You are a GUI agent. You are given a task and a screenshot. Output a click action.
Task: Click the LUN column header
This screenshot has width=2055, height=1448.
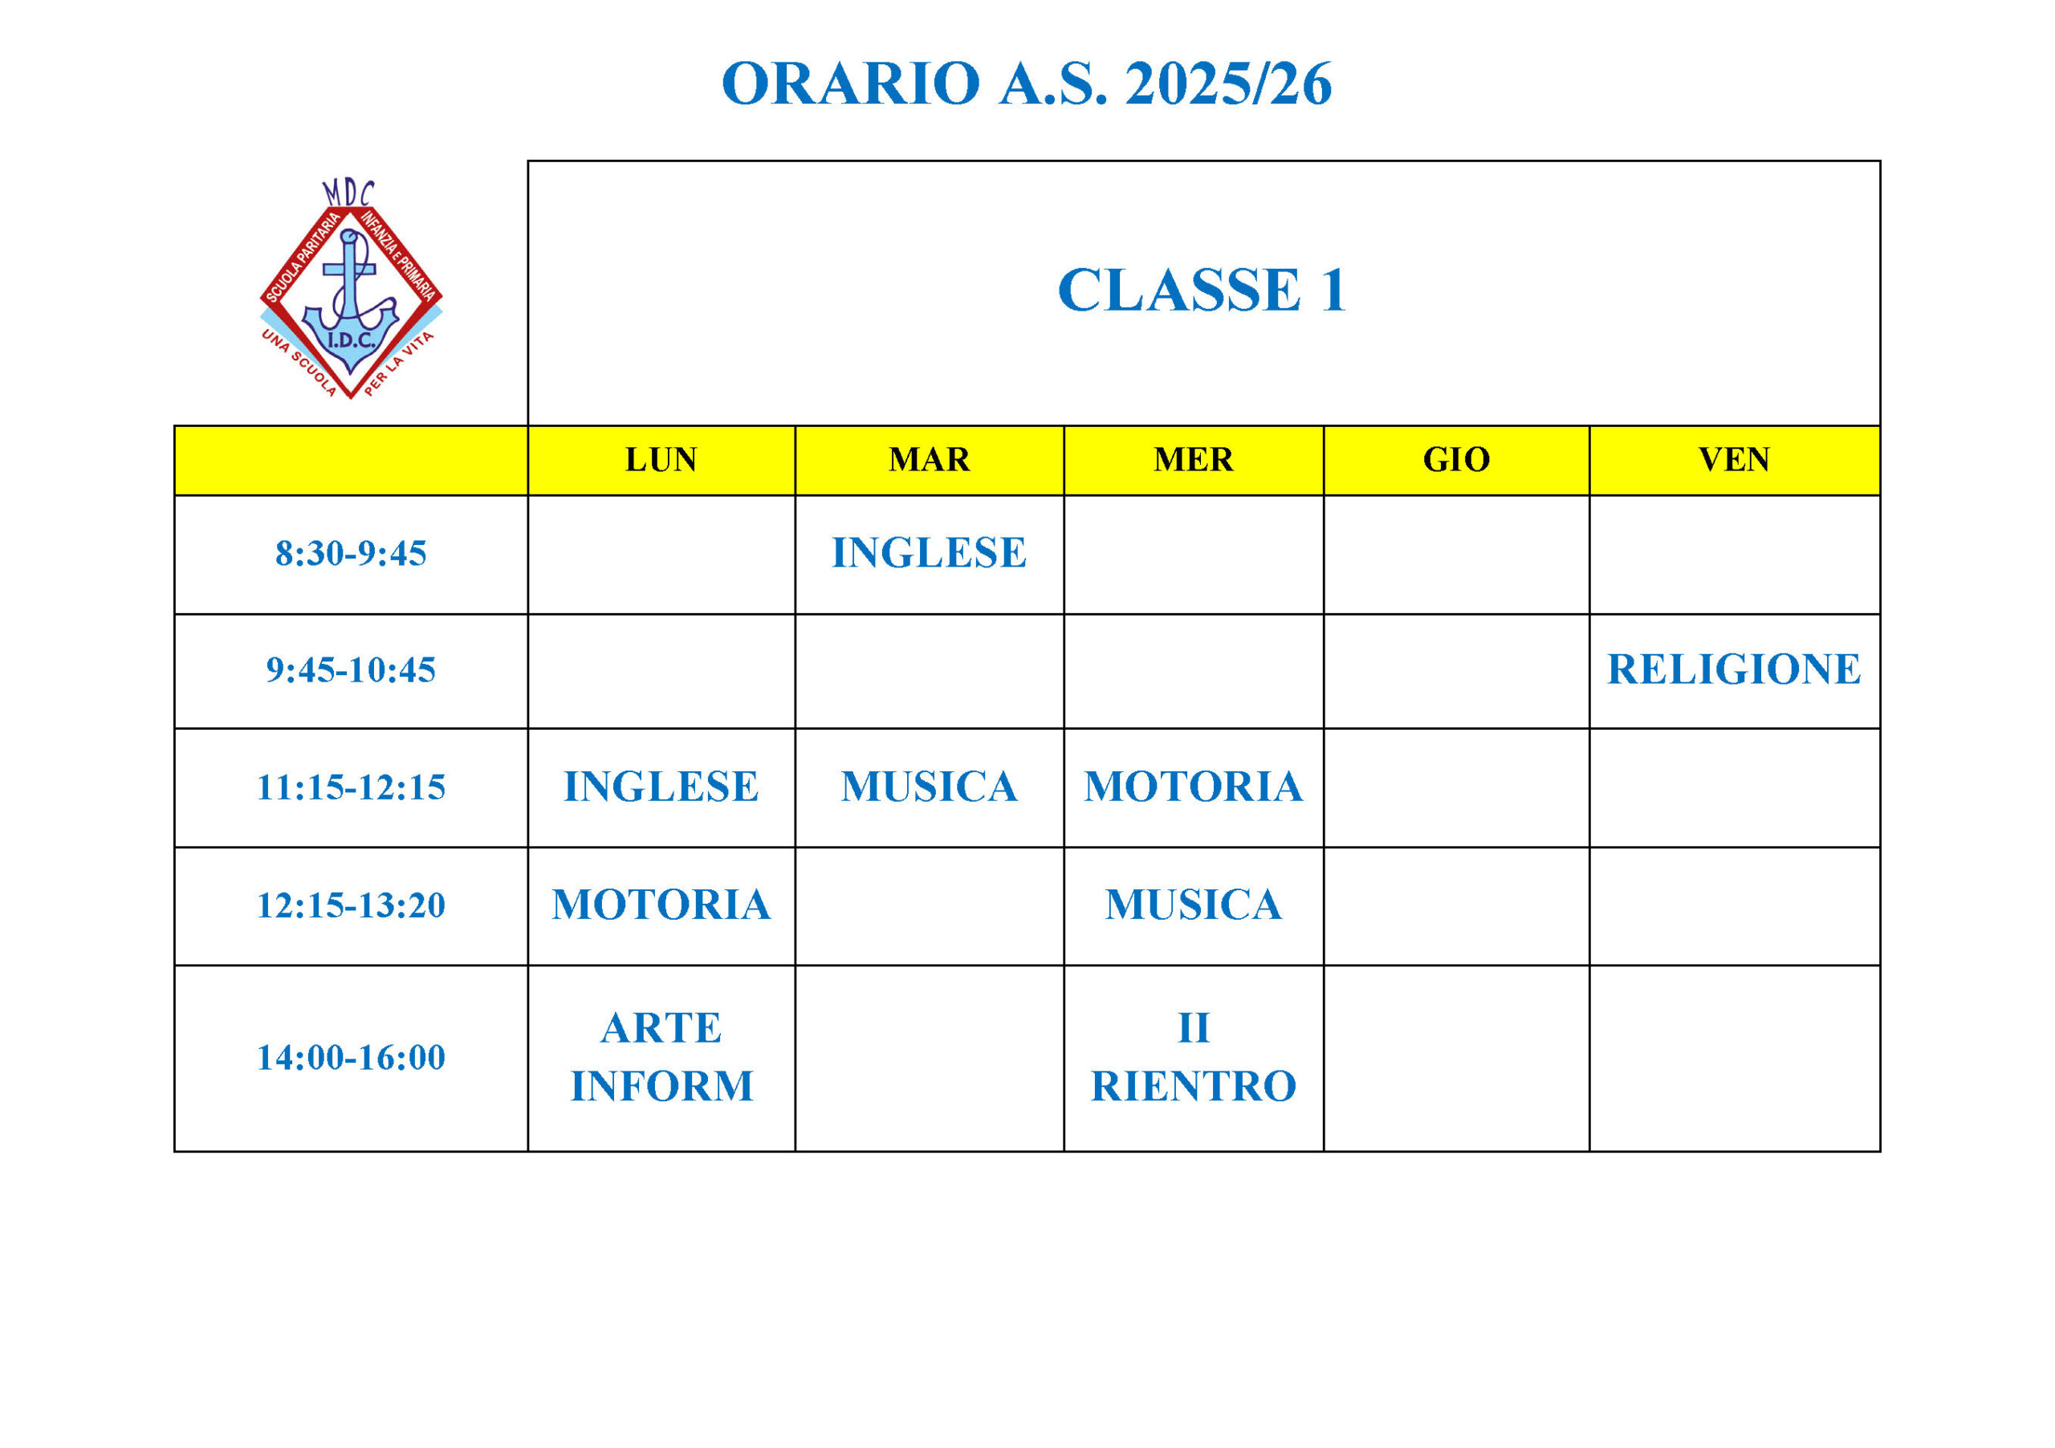click(661, 460)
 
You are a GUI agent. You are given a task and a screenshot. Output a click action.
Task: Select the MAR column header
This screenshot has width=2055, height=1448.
click(929, 460)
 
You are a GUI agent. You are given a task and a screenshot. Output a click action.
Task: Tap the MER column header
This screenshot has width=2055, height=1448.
click(1193, 460)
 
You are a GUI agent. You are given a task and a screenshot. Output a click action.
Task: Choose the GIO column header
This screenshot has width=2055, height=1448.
click(1456, 460)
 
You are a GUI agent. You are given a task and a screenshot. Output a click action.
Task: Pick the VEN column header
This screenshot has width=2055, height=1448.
click(1734, 460)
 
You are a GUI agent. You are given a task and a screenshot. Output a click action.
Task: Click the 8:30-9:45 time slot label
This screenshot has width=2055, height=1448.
click(351, 554)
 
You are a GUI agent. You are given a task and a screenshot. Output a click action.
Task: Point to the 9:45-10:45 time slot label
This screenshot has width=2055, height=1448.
click(351, 670)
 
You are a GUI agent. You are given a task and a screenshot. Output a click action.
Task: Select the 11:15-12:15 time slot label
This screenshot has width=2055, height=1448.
click(351, 787)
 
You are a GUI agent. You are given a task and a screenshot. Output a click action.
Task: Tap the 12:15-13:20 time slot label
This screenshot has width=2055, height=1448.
click(351, 905)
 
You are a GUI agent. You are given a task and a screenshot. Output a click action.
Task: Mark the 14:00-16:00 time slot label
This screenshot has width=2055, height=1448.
click(351, 1058)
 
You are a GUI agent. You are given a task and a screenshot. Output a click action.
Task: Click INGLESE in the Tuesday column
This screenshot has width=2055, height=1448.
click(929, 553)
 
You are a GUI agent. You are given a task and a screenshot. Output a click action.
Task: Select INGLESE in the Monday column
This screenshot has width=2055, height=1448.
click(661, 787)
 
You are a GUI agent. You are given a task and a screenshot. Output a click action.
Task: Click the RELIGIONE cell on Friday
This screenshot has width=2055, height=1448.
click(1734, 669)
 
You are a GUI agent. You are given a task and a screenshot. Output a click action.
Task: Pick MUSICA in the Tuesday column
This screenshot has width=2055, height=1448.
click(929, 787)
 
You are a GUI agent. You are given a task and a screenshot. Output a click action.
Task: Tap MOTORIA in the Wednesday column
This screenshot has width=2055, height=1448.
click(1193, 787)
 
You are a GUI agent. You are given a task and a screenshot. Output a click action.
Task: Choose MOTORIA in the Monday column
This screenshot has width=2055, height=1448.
click(661, 905)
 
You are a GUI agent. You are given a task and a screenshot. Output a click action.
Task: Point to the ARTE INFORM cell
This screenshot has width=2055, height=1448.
click(661, 1058)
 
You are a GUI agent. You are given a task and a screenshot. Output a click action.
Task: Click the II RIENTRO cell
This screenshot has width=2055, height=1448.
click(1193, 1058)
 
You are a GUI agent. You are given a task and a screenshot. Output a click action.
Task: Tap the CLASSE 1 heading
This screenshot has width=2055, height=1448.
click(1202, 291)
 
